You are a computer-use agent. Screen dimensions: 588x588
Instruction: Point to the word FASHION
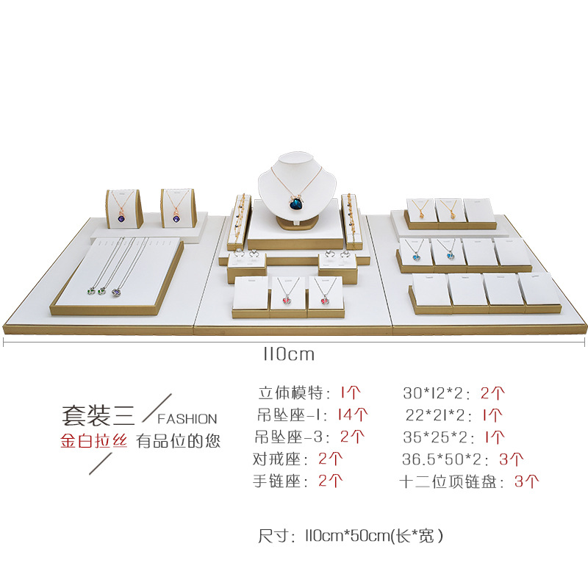pyautogui.click(x=188, y=418)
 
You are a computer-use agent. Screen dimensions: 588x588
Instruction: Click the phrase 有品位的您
pyautogui.click(x=178, y=441)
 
